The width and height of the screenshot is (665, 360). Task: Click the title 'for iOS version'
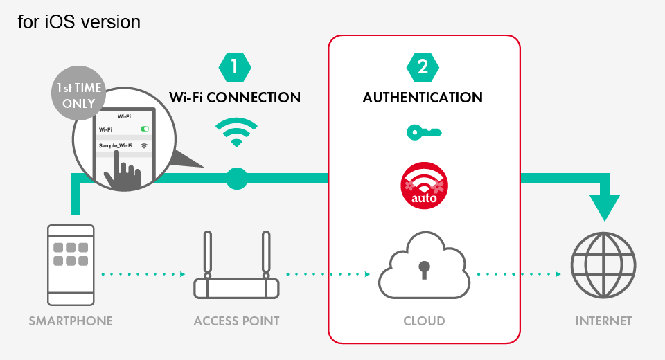[79, 22]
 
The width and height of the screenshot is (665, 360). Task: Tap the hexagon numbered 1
[235, 67]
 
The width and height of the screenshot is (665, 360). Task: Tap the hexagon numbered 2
[423, 67]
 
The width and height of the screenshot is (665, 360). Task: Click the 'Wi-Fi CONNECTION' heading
[235, 98]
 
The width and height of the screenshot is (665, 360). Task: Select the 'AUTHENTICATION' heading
[423, 98]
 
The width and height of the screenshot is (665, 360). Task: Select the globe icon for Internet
[603, 266]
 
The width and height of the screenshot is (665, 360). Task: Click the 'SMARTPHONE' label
[71, 321]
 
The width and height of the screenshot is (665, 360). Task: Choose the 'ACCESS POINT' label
[236, 321]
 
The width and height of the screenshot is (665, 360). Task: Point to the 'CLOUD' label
[424, 321]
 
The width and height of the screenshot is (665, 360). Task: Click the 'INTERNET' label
[603, 321]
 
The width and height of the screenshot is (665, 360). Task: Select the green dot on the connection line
[237, 179]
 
